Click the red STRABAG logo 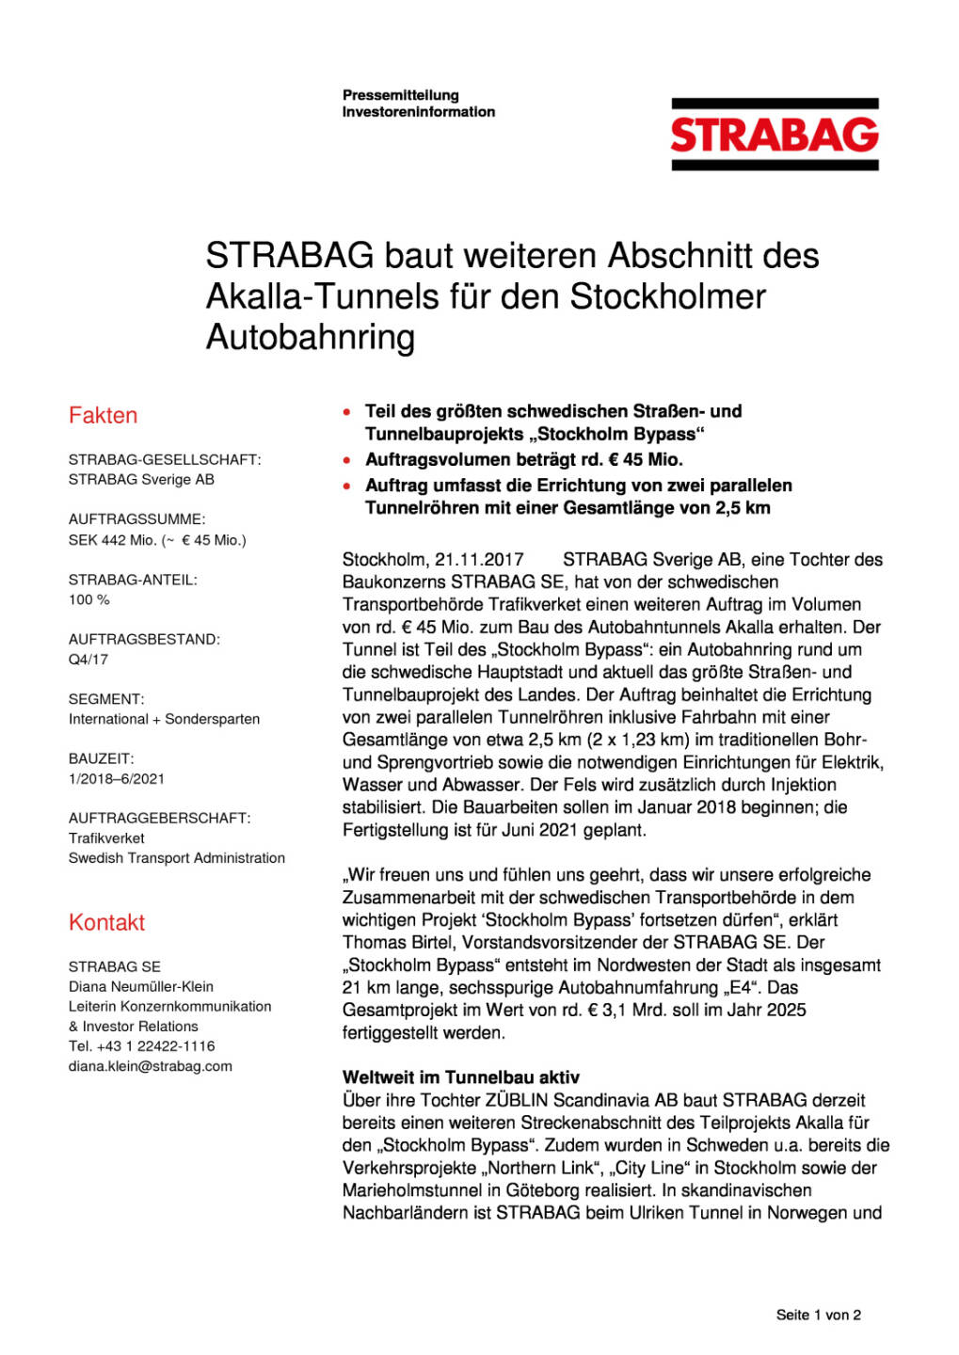774,135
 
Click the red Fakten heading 103,416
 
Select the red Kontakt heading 106,922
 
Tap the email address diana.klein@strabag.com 150,1066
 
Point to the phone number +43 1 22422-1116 155,1046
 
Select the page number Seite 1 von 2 818,1315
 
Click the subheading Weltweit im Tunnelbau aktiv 460,1077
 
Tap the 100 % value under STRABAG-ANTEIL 88,599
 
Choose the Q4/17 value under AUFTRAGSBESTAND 88,660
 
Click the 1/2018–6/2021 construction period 116,779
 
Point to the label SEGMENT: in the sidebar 106,699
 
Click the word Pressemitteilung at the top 400,95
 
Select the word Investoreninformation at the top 418,112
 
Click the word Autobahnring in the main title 310,337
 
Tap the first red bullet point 347,412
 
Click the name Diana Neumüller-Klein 140,986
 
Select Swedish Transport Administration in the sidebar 176,858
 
